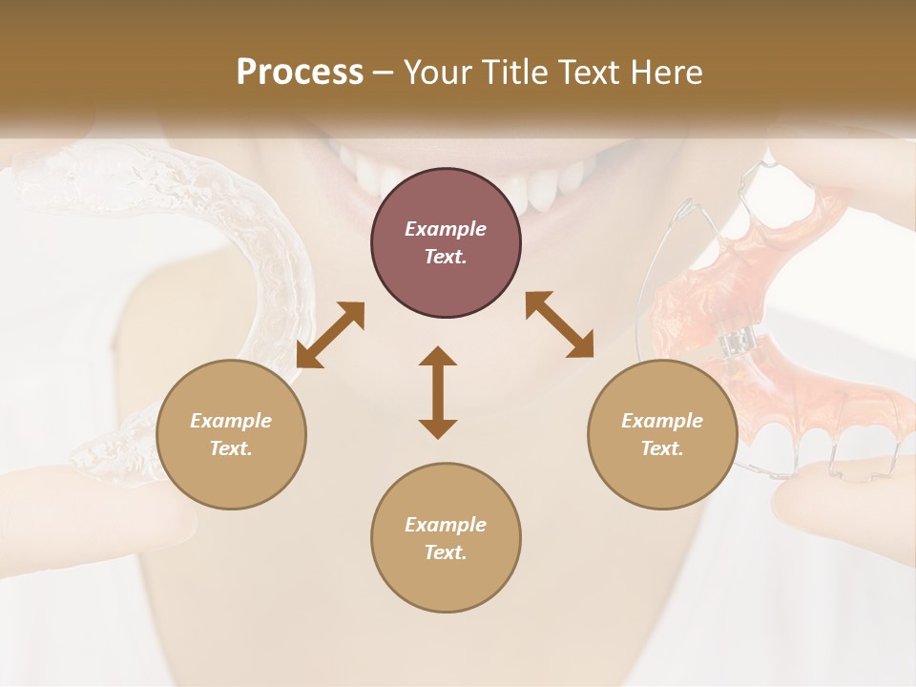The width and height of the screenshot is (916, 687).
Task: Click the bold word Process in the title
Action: pos(300,73)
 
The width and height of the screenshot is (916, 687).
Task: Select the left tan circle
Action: pos(231,434)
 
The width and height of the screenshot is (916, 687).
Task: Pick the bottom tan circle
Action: pos(446,538)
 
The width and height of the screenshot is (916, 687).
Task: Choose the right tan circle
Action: pos(662,434)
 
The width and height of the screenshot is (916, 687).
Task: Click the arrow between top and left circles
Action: pos(330,335)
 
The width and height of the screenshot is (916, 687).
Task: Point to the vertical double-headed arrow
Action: pos(438,392)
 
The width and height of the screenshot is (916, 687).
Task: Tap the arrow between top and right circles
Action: pos(559,324)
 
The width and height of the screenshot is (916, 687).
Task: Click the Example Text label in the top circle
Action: pos(446,243)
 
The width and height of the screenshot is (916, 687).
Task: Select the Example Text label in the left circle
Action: pos(231,434)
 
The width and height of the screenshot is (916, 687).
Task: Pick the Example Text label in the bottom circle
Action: pos(446,538)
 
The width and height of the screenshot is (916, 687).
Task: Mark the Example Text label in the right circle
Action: pos(662,434)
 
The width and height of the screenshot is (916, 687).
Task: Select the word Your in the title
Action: pos(439,73)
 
